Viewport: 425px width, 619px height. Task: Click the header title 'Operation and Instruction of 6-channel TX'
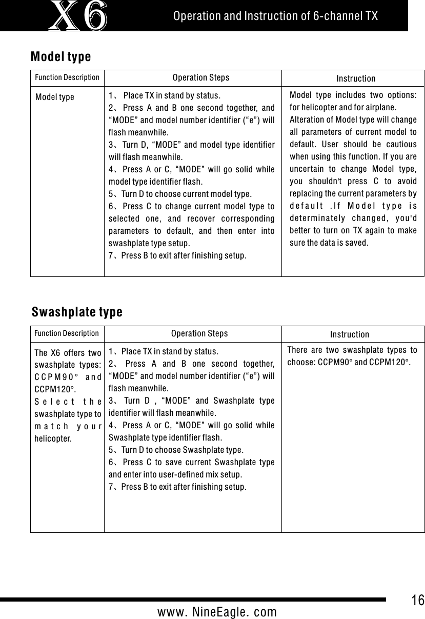tap(276, 16)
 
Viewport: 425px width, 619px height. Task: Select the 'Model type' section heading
tap(61, 56)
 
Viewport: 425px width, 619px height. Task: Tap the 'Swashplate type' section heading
tap(77, 312)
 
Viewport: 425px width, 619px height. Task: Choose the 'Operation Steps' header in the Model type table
tap(201, 78)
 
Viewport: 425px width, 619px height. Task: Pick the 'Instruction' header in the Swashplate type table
tap(349, 334)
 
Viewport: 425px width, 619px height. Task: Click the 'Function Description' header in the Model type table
tap(67, 78)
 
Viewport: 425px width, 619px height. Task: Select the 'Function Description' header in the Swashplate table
tap(67, 333)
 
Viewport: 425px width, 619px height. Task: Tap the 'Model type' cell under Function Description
tap(55, 97)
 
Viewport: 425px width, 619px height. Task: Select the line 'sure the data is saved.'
tap(329, 243)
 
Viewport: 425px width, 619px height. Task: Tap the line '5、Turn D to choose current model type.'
tap(180, 194)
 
